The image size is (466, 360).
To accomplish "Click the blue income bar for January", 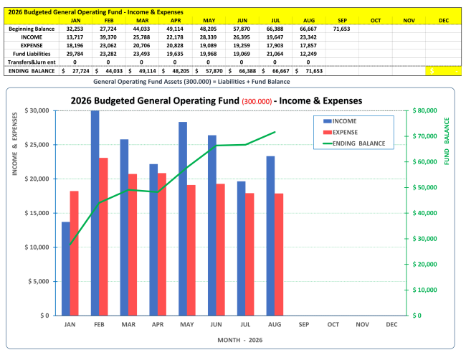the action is pos(66,268).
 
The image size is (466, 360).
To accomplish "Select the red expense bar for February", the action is pos(103,237).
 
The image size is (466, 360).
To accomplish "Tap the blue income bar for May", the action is pos(183,219).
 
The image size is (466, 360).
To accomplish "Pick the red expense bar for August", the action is pos(279,255).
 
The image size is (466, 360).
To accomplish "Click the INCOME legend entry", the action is pos(340,121).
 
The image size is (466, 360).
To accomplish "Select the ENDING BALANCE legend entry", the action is pos(354,143).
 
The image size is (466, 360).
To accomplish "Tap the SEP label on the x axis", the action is pos(304,324).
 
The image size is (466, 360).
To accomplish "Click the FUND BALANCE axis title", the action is pos(447,141).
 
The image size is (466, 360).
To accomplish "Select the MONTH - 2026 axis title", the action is pos(240,340).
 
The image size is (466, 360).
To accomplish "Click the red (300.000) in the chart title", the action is pos(257,101).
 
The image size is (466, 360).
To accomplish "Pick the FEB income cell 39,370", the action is pos(108,37).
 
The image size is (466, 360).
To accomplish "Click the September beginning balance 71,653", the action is pos(341,29).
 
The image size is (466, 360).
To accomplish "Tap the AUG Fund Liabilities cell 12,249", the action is pos(308,54).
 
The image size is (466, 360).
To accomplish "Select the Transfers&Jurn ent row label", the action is pos(32,62).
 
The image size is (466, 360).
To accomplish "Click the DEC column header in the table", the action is pos(444,21).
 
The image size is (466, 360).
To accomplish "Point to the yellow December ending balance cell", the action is pos(443,71).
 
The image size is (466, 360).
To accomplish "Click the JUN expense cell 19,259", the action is pos(242,45).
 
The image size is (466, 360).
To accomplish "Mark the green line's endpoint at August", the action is pos(275,132).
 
